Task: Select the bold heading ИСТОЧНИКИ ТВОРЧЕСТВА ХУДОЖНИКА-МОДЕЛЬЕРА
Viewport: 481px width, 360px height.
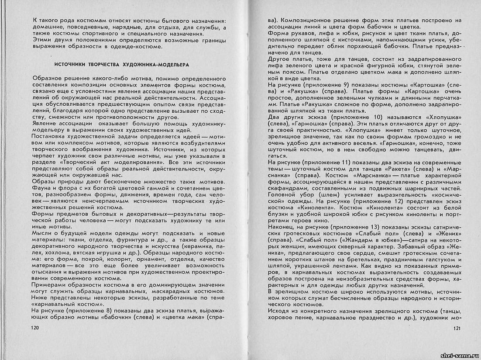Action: point(124,64)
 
